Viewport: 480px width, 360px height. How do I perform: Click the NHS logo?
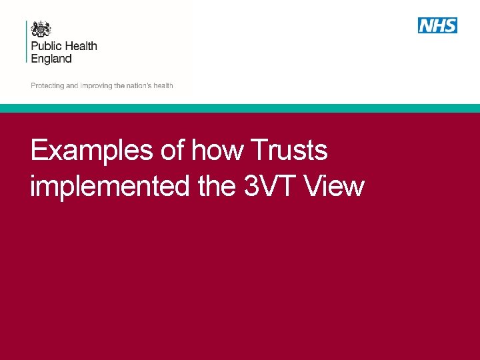pos(437,25)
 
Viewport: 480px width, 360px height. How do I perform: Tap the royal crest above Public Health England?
pos(41,29)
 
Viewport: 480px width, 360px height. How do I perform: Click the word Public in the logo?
pos(45,46)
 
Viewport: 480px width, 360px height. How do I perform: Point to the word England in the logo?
pos(51,59)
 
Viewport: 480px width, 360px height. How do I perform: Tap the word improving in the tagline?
pos(96,86)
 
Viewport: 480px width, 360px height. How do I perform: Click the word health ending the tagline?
pos(163,86)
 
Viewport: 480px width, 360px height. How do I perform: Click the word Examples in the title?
pos(92,151)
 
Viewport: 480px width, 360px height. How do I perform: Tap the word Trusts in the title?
pos(289,151)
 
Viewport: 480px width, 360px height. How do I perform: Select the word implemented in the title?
pos(109,187)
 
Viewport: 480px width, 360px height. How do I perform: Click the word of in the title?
pos(173,151)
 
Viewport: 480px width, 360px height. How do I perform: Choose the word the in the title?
pos(217,187)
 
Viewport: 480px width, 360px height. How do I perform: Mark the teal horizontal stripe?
pos(240,108)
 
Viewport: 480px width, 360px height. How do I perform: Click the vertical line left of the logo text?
pos(27,41)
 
